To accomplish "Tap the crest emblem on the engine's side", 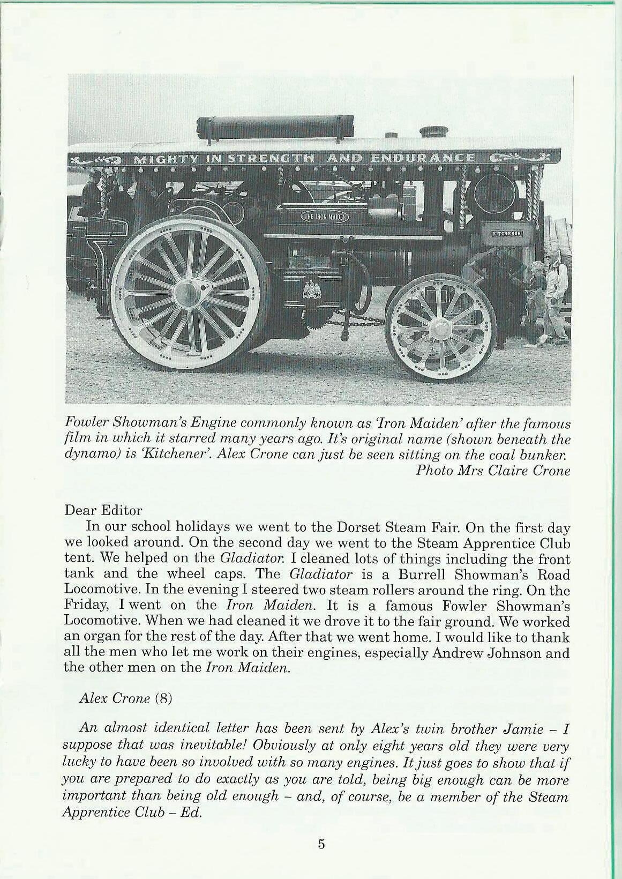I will tap(310, 290).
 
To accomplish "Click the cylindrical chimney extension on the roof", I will tap(275, 127).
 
